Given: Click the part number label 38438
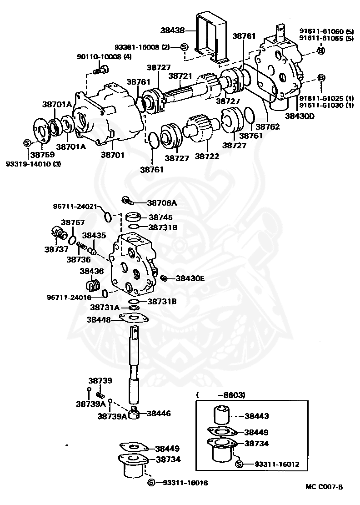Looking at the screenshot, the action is (172, 30).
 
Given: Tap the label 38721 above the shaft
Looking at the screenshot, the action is (180, 76).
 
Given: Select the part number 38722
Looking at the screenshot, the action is (207, 156).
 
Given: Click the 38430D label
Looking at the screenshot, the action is (300, 116).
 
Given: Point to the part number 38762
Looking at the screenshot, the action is (268, 126).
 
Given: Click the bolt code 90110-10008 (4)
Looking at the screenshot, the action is (104, 57).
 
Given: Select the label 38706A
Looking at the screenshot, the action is (162, 203).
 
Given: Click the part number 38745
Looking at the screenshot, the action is (160, 217).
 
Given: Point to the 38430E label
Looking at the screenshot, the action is (190, 278).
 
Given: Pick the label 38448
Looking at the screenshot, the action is (99, 320).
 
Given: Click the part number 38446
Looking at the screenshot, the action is (159, 413).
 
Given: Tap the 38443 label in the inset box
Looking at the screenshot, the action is (256, 416).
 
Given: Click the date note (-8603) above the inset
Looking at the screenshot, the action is (221, 395).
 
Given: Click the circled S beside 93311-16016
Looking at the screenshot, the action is (151, 482).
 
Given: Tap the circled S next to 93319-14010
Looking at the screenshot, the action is (27, 143).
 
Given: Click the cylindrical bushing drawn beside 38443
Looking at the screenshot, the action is (221, 415).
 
